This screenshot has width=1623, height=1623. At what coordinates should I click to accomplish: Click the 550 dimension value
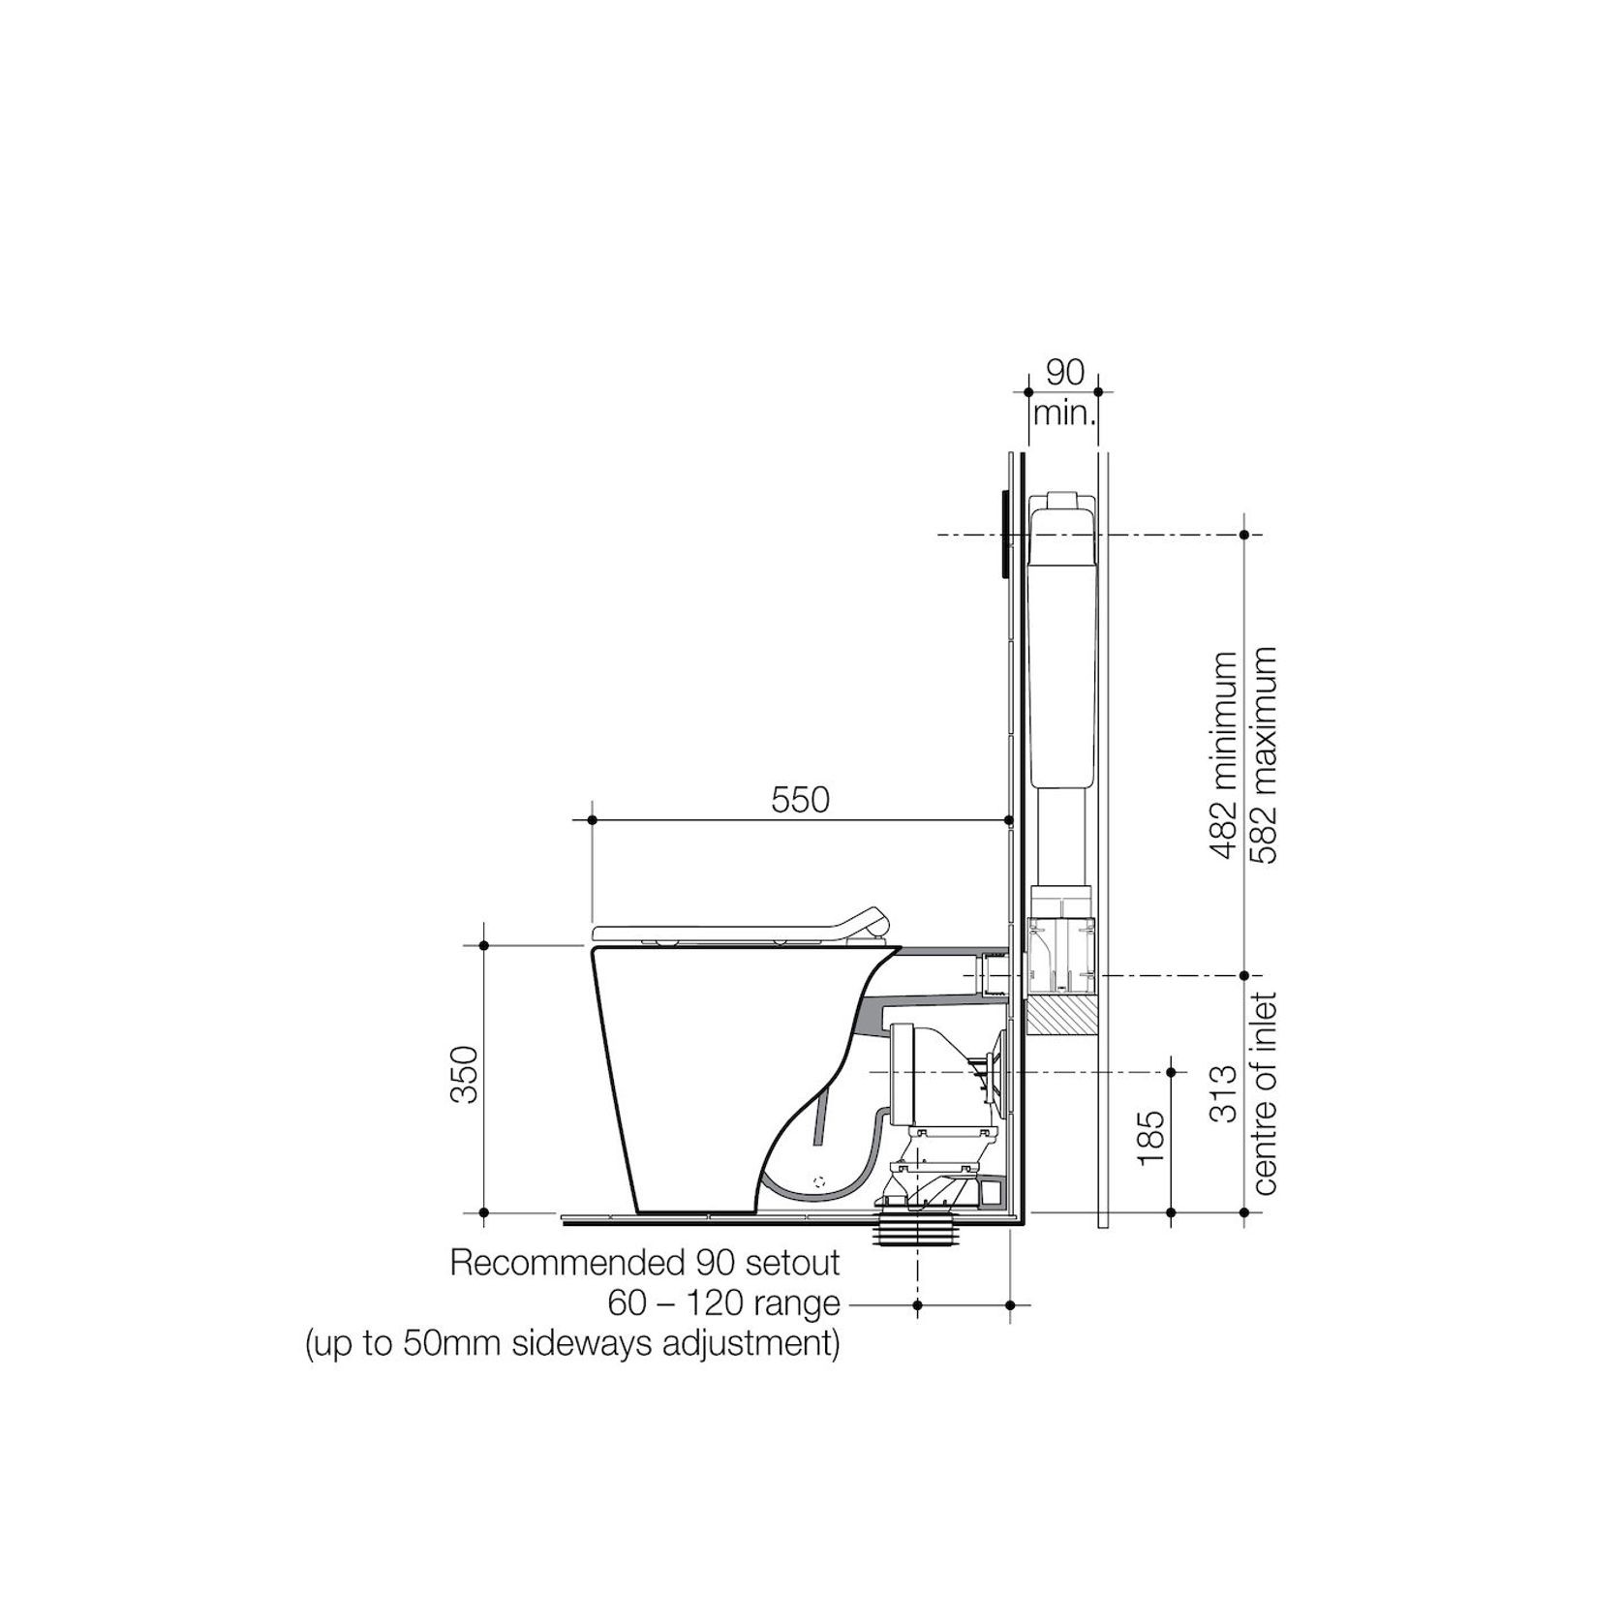click(800, 800)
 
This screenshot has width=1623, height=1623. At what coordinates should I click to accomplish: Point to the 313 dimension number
click(1224, 1093)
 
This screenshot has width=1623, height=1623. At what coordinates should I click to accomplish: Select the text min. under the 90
click(1064, 414)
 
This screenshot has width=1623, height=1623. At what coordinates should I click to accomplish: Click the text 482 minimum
click(1224, 756)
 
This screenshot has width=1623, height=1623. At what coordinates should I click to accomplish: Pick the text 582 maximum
click(1265, 756)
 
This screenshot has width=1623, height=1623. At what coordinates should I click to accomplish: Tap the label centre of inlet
click(1265, 1093)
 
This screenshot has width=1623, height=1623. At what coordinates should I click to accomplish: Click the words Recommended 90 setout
click(645, 1263)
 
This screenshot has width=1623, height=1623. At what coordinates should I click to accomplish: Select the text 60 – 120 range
click(723, 1303)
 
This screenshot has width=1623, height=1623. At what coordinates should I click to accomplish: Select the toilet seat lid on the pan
click(717, 932)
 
